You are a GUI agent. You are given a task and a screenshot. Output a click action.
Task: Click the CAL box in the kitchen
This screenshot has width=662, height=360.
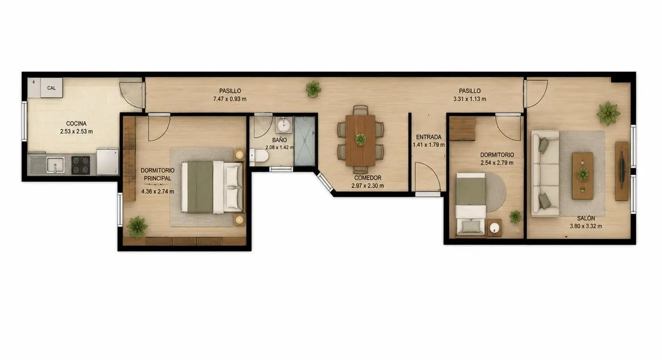[x=51, y=88]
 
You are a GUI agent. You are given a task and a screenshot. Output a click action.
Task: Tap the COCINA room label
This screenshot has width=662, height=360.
[x=76, y=123]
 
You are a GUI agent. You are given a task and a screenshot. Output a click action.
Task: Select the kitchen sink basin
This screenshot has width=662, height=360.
[x=55, y=164]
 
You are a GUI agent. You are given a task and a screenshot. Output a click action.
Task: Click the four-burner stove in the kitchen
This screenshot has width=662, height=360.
[x=81, y=165]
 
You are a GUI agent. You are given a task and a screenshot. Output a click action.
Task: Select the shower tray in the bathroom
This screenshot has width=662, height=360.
[x=305, y=141]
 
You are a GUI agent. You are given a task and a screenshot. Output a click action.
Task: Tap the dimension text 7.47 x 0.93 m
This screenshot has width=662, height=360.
[x=230, y=99]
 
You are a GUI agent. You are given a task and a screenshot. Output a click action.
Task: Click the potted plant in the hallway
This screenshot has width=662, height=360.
[x=313, y=89]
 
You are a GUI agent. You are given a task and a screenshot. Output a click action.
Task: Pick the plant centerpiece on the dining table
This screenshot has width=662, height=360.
[x=361, y=139]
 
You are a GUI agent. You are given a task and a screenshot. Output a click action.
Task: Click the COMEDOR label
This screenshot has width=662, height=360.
[x=367, y=178]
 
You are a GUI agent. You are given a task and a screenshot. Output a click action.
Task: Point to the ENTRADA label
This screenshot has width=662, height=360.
[x=429, y=137]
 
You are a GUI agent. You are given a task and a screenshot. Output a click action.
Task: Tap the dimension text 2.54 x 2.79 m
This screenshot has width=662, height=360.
[x=497, y=163]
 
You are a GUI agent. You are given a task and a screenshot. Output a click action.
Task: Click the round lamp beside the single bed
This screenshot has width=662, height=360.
[x=494, y=228]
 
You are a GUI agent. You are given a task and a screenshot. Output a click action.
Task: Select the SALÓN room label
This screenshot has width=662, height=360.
[x=586, y=218]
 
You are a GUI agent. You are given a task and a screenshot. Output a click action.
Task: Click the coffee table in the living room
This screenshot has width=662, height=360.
[x=583, y=176]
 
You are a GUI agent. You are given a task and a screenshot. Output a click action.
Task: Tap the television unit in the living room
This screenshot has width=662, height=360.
[x=622, y=171]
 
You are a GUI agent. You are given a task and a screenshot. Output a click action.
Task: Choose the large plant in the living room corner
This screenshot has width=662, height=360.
[x=608, y=114]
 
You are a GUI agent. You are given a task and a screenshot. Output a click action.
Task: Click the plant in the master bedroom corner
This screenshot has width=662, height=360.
[x=137, y=227]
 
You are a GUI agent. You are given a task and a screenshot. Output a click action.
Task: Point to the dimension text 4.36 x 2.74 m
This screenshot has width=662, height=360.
[x=158, y=191]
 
